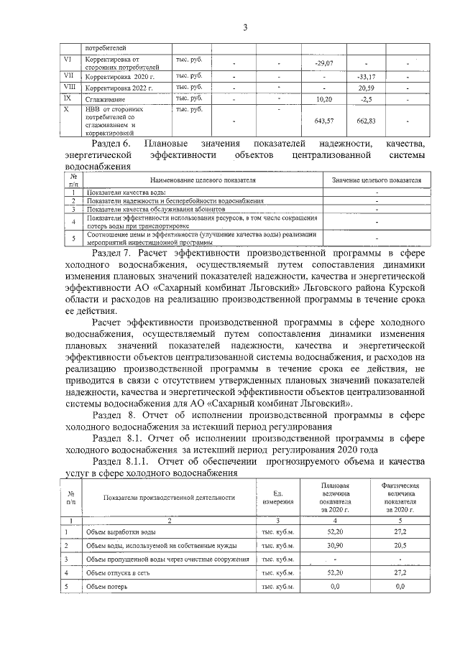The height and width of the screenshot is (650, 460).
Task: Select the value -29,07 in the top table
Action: click(x=324, y=64)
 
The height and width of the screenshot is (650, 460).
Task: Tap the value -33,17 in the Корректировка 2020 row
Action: click(x=367, y=75)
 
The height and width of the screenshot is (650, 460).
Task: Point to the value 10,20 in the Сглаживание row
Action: click(x=324, y=98)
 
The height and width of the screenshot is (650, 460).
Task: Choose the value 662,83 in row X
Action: click(x=367, y=121)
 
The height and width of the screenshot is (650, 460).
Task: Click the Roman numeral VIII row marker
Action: click(x=70, y=86)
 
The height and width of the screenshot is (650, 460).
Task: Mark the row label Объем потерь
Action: click(x=107, y=587)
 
